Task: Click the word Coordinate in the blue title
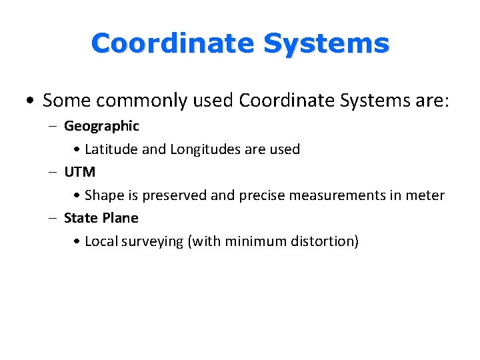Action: (x=172, y=44)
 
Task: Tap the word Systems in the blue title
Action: (x=326, y=44)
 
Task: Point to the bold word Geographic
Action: (x=101, y=126)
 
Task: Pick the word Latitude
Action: (x=111, y=149)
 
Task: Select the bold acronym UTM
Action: (x=80, y=172)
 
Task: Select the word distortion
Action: (x=325, y=241)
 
